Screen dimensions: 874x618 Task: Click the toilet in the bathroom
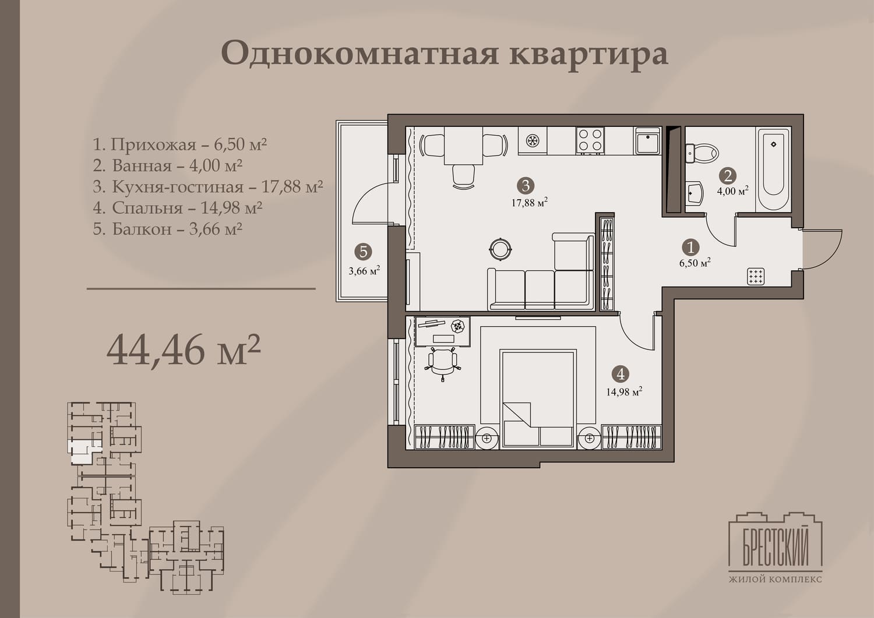(x=702, y=153)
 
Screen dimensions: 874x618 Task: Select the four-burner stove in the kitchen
(x=590, y=140)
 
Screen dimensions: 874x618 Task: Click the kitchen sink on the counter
(x=648, y=140)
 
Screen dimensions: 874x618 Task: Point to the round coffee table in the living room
(x=500, y=249)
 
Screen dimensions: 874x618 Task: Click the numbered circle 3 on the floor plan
(x=526, y=186)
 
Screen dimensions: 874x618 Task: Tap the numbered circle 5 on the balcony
(x=363, y=252)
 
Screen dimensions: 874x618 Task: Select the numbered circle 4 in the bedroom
(x=621, y=374)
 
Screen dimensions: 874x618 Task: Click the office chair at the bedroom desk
(x=442, y=363)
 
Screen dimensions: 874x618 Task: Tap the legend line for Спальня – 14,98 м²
(x=178, y=207)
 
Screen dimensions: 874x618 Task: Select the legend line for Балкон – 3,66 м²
(x=168, y=229)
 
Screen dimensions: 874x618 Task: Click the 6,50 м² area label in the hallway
(x=695, y=263)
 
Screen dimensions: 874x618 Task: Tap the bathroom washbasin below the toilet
(x=695, y=193)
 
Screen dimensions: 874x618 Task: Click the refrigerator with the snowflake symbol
(x=532, y=140)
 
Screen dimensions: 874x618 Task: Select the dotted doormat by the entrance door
(x=756, y=277)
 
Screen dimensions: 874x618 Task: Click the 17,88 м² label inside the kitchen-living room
(x=530, y=202)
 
